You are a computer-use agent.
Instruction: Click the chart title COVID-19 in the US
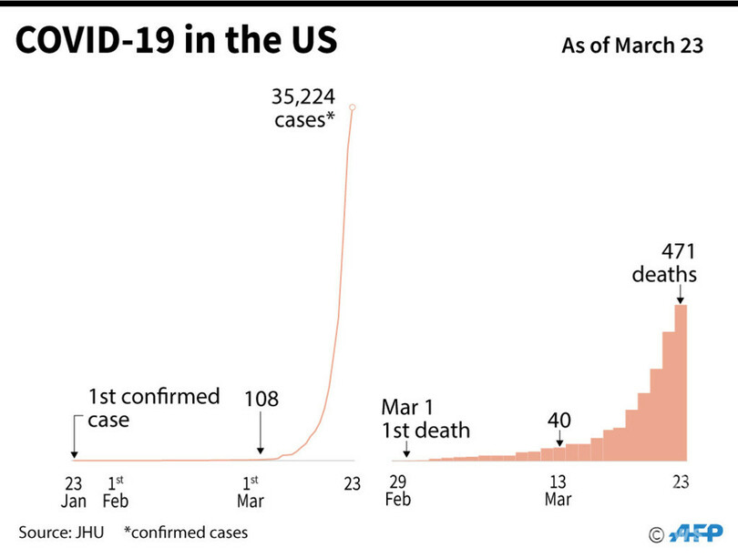177,43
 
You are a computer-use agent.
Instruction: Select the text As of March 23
633,46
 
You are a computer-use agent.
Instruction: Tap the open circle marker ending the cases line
352,108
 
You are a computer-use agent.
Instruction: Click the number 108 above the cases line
261,399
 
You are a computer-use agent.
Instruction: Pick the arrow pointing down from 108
261,434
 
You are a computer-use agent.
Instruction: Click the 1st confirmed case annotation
153,408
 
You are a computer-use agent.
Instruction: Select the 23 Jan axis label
74,492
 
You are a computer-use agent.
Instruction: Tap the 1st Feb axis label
116,492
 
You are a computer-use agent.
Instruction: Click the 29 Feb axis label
398,492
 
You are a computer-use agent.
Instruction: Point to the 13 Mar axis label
558,492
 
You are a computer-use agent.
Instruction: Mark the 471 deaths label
678,262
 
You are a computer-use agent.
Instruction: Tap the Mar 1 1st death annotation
425,419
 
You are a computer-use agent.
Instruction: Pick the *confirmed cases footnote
187,533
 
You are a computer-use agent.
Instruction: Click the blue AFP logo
695,533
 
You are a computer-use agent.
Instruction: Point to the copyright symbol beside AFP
656,534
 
